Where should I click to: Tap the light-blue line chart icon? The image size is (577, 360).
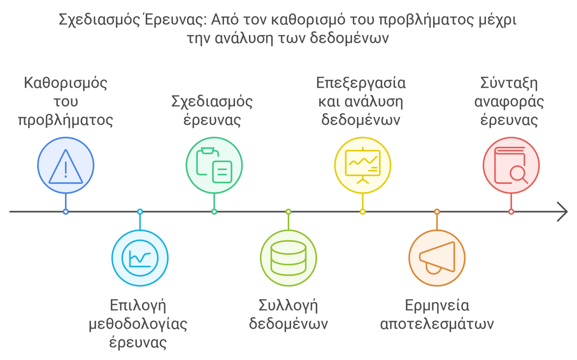(x=140, y=258)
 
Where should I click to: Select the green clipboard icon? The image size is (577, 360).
(x=214, y=166)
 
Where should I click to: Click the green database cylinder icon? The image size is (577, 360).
(x=288, y=258)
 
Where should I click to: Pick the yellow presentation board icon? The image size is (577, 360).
(x=363, y=166)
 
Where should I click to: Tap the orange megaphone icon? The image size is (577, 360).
(x=437, y=258)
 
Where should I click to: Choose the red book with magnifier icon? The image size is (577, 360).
(x=511, y=166)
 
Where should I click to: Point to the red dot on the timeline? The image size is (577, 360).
(x=511, y=212)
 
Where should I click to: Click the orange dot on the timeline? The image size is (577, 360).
(x=437, y=212)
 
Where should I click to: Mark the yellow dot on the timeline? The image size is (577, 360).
(x=363, y=212)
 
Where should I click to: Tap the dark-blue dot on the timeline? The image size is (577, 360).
(x=66, y=212)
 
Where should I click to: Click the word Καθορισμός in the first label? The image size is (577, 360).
(x=65, y=83)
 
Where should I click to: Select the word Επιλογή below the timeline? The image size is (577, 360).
(x=138, y=306)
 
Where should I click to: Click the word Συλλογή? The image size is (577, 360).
(x=288, y=306)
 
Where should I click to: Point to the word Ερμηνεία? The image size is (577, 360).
(x=437, y=306)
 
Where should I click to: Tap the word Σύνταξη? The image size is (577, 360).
(x=509, y=83)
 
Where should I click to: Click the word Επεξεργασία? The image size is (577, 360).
(x=361, y=83)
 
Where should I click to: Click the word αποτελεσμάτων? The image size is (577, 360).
(x=437, y=324)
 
